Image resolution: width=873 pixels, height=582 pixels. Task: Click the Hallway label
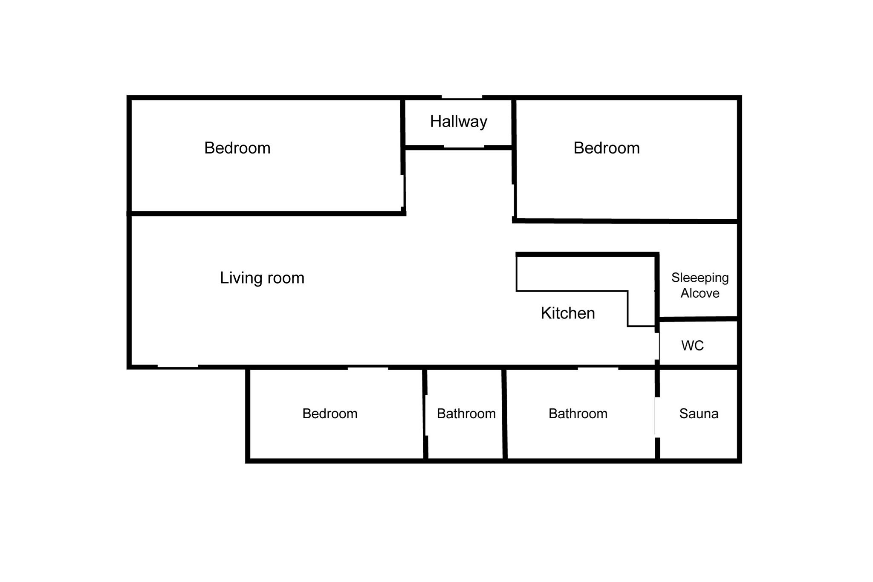pyautogui.click(x=458, y=122)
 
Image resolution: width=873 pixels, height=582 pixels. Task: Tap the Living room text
pyautogui.click(x=262, y=278)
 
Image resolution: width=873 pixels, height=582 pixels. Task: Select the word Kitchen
pyautogui.click(x=568, y=313)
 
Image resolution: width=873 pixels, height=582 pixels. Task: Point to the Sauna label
pyautogui.click(x=699, y=414)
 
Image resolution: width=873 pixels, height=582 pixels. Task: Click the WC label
pyautogui.click(x=692, y=345)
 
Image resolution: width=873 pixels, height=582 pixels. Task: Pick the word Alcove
pyautogui.click(x=700, y=293)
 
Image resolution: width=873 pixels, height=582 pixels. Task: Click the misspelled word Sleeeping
pyautogui.click(x=700, y=278)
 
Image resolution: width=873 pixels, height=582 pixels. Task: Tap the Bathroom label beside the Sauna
pyautogui.click(x=578, y=414)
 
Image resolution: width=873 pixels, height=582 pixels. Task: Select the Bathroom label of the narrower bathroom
pyautogui.click(x=466, y=414)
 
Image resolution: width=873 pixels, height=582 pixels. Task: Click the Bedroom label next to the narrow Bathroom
pyautogui.click(x=330, y=414)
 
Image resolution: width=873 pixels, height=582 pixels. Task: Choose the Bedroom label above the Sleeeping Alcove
pyautogui.click(x=607, y=148)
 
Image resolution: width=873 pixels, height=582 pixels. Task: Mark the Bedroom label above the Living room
pyautogui.click(x=237, y=148)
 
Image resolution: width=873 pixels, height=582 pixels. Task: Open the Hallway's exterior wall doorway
pyautogui.click(x=462, y=98)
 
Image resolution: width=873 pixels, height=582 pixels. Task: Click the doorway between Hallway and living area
pyautogui.click(x=464, y=147)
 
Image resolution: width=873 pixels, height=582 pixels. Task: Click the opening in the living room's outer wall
pyautogui.click(x=178, y=367)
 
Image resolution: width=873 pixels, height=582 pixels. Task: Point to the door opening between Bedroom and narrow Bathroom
pyautogui.click(x=425, y=415)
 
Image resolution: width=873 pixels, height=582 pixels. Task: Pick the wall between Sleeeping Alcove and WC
pyautogui.click(x=699, y=319)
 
